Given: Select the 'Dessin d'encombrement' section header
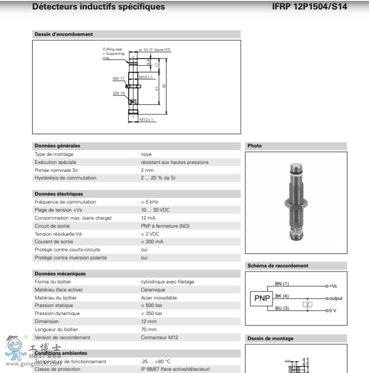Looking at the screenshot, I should (64, 34).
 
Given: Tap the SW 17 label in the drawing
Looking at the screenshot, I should (118, 78).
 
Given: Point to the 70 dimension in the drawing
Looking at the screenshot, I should (164, 86).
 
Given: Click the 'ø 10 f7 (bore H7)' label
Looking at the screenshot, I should (154, 50).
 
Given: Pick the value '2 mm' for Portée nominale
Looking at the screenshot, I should (147, 170).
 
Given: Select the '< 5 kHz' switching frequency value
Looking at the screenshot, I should (149, 202).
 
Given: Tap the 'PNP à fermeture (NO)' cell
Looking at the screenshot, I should (165, 226).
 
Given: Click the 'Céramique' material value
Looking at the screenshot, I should (153, 290).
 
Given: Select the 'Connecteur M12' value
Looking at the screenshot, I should (160, 338).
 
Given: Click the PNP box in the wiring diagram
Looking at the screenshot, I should (262, 298).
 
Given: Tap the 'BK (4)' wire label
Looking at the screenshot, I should (282, 296).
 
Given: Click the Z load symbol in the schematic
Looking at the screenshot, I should (308, 304).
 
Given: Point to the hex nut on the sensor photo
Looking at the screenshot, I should (296, 205).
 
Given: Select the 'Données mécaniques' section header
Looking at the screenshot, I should (60, 274).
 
